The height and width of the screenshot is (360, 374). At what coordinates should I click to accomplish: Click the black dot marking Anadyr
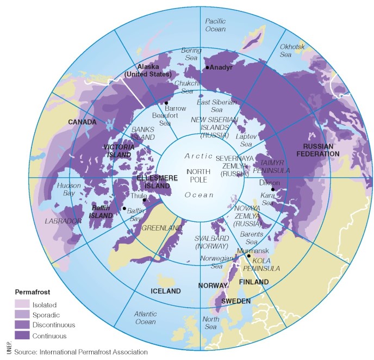coord(207,67)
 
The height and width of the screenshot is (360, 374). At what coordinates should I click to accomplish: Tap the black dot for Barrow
coord(166,103)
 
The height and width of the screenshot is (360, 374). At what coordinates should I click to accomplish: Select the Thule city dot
coord(144,200)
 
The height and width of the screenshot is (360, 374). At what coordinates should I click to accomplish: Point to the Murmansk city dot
coord(249,256)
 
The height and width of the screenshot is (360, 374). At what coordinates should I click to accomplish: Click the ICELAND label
coord(166,291)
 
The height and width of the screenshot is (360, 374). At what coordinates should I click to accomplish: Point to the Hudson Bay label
coord(69,189)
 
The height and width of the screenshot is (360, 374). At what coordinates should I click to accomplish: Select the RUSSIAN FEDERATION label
coord(321,150)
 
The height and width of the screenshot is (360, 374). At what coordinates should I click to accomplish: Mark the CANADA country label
coord(82,122)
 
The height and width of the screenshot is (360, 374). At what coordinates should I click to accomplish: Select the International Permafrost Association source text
coord(80,352)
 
